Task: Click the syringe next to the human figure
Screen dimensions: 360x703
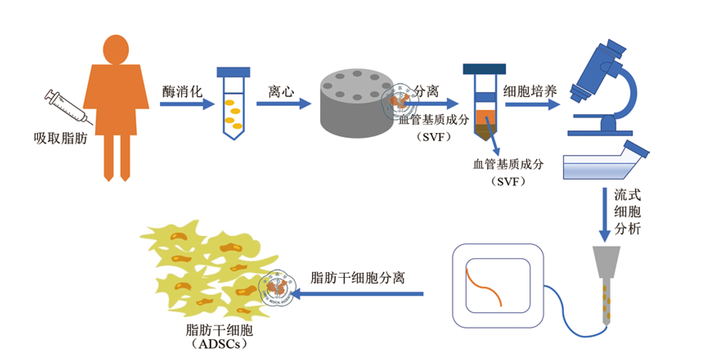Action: tap(67, 106)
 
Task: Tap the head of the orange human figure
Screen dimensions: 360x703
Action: tap(116, 49)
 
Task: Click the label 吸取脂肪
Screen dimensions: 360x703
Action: tap(61, 138)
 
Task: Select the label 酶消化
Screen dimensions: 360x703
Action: tap(182, 91)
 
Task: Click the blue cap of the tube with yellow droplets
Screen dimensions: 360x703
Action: tap(233, 72)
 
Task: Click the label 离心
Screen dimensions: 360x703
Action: tap(281, 91)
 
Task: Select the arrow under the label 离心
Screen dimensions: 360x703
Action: tap(283, 103)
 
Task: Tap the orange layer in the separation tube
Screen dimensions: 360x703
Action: tap(485, 116)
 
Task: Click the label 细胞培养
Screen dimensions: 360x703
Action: tap(530, 91)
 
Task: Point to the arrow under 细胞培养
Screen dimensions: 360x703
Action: tap(532, 104)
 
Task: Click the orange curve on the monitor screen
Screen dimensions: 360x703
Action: tap(483, 287)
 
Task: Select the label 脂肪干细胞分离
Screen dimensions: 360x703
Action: tap(358, 278)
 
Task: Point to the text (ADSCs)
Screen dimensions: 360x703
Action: tap(219, 344)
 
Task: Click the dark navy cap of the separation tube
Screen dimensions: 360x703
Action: tap(484, 69)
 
